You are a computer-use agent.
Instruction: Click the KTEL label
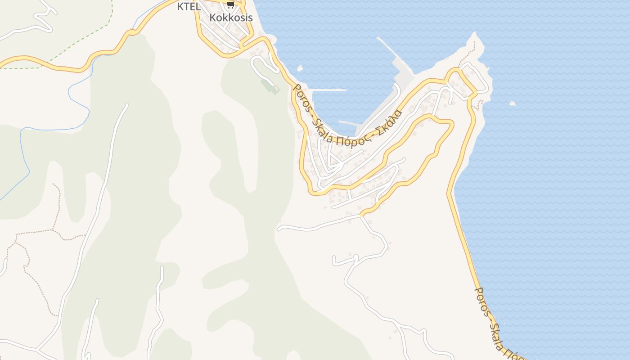pyautogui.click(x=189, y=6)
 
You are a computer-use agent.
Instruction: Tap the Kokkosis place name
pyautogui.click(x=231, y=18)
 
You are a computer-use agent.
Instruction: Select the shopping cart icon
pyautogui.click(x=230, y=4)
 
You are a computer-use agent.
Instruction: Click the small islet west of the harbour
pyautogui.click(x=300, y=69)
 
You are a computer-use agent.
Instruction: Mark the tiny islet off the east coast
pyautogui.click(x=512, y=103)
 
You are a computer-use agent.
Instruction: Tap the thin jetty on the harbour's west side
pyautogui.click(x=328, y=90)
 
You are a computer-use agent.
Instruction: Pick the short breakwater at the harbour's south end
pyautogui.click(x=348, y=123)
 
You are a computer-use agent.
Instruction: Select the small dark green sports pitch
pyautogui.click(x=270, y=85)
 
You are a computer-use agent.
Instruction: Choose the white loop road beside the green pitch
pyautogui.click(x=261, y=65)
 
